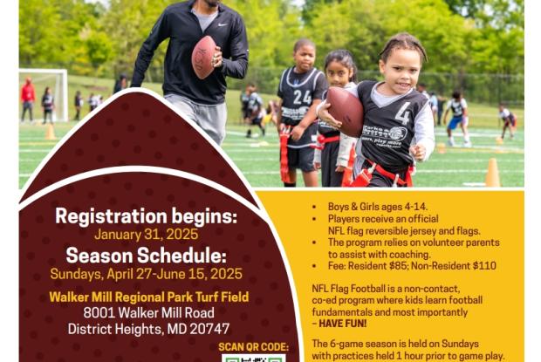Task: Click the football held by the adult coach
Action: (203, 57)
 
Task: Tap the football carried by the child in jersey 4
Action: (345, 111)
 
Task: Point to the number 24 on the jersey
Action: (303, 97)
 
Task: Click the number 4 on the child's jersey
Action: (403, 113)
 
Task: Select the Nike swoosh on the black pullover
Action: (223, 24)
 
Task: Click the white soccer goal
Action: (44, 94)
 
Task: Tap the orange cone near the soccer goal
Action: (51, 132)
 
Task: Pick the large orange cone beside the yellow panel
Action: (492, 173)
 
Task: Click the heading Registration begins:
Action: (147, 216)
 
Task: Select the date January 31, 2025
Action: (147, 235)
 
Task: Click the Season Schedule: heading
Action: (147, 256)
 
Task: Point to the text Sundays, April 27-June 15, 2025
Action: (147, 274)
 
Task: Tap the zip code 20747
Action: (209, 329)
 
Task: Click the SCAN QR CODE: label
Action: (254, 347)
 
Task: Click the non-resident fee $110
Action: (484, 266)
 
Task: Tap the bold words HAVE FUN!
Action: (343, 324)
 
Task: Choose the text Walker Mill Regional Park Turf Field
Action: (148, 297)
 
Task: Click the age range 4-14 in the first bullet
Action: (416, 207)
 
